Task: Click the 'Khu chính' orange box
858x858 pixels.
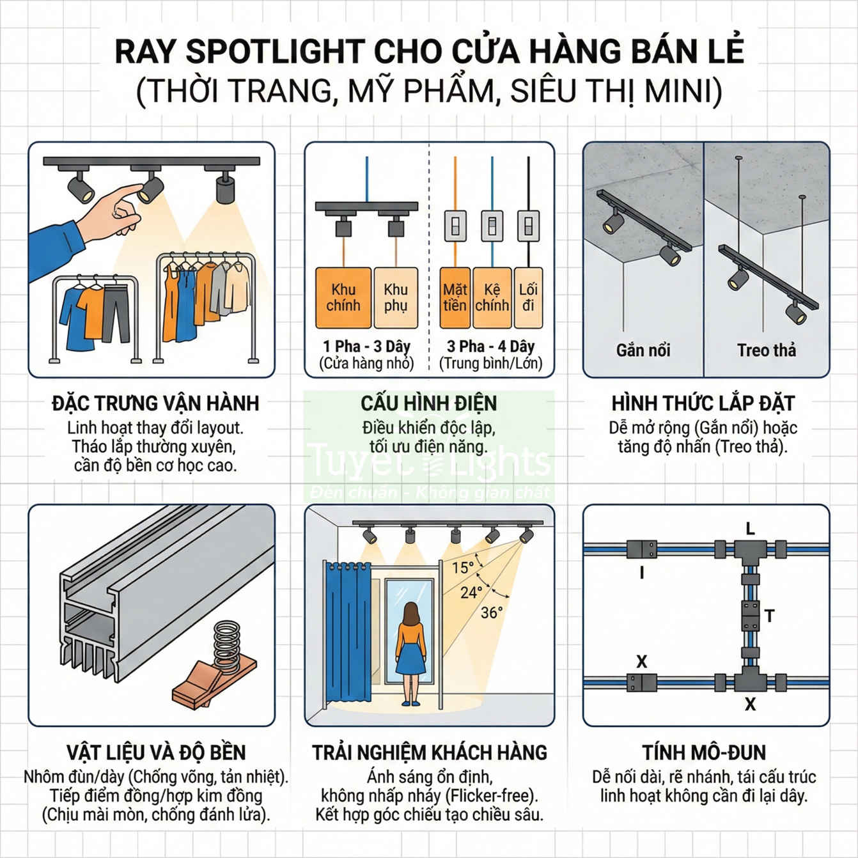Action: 343,298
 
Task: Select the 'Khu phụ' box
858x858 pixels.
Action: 396,298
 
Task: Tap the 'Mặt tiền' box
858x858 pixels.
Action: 455,298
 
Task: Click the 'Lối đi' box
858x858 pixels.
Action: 528,298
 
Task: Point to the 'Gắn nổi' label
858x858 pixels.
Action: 643,350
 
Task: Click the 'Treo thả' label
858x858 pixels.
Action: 766,350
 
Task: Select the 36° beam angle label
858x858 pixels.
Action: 492,612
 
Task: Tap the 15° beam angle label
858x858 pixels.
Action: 463,568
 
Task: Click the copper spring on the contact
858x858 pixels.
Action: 227,646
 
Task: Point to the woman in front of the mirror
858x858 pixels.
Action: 410,652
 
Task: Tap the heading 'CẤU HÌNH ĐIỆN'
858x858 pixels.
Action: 429,403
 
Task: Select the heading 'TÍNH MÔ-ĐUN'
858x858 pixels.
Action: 704,753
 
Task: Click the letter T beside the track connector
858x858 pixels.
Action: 769,616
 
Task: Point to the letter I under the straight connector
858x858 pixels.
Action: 642,573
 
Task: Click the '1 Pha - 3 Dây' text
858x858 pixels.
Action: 366,347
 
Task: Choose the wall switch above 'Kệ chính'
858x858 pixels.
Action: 492,226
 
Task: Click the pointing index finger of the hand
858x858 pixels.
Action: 129,191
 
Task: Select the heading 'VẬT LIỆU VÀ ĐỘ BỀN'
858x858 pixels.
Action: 155,753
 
